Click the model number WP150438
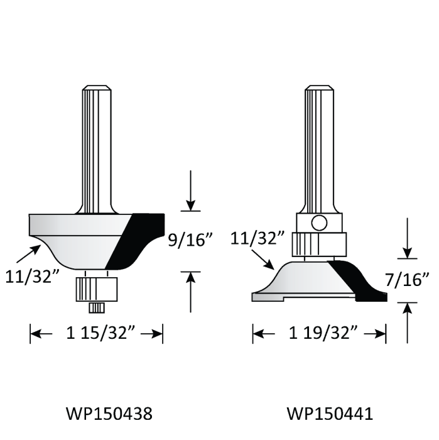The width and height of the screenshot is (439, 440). (109, 414)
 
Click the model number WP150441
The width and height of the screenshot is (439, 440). (330, 414)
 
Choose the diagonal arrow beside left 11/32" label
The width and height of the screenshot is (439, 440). (28, 253)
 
